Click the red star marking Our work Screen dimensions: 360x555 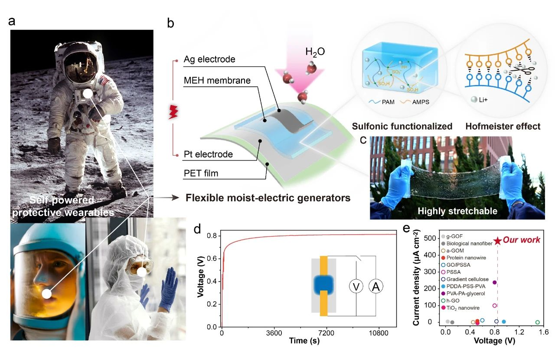[x=498, y=241]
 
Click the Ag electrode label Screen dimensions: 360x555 [x=209, y=59]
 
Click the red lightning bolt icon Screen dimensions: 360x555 [x=173, y=114]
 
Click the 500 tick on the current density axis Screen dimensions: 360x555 [x=433, y=238]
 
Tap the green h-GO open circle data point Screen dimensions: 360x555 [x=538, y=322]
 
